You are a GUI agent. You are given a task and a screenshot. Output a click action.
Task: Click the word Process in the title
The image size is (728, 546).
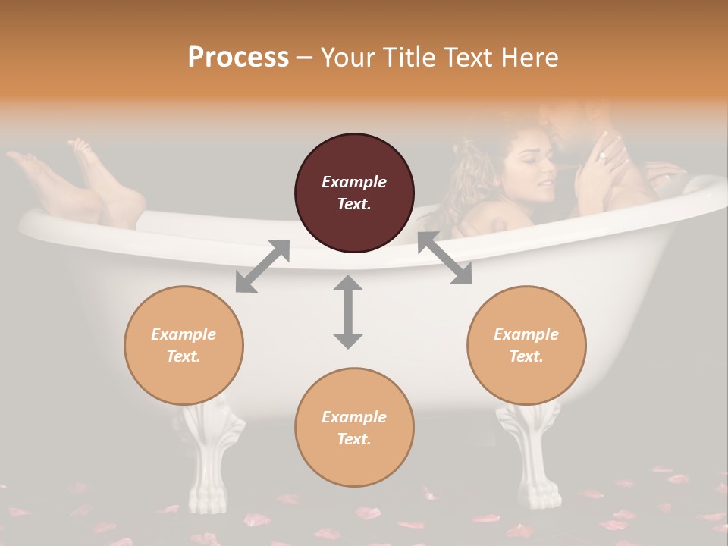click(x=238, y=57)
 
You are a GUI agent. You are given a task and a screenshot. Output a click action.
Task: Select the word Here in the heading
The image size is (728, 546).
click(x=528, y=57)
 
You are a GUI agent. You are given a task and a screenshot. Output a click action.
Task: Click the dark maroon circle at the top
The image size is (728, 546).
click(x=354, y=193)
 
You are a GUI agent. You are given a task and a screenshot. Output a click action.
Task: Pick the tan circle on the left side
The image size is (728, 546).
click(x=184, y=345)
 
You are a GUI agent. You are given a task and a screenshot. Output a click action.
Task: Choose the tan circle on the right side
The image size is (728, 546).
click(x=526, y=345)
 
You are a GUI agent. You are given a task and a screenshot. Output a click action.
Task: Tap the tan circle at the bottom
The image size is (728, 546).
click(x=354, y=428)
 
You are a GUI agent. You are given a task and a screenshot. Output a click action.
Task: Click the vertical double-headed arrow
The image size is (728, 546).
click(x=348, y=312)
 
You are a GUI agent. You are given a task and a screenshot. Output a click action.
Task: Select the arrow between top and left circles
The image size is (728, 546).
click(x=262, y=266)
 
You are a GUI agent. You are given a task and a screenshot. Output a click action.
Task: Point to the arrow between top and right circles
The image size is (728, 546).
click(x=444, y=258)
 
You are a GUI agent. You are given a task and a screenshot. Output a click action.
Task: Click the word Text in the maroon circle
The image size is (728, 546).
click(x=354, y=204)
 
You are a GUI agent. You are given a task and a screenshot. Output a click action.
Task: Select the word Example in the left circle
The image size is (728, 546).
click(x=184, y=334)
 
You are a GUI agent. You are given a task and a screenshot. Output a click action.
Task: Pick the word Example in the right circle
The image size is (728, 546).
click(x=526, y=334)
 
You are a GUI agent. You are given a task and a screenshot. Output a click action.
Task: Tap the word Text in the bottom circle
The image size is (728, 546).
click(x=354, y=439)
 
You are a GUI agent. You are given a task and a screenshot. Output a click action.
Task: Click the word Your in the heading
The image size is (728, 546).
click(x=345, y=57)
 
